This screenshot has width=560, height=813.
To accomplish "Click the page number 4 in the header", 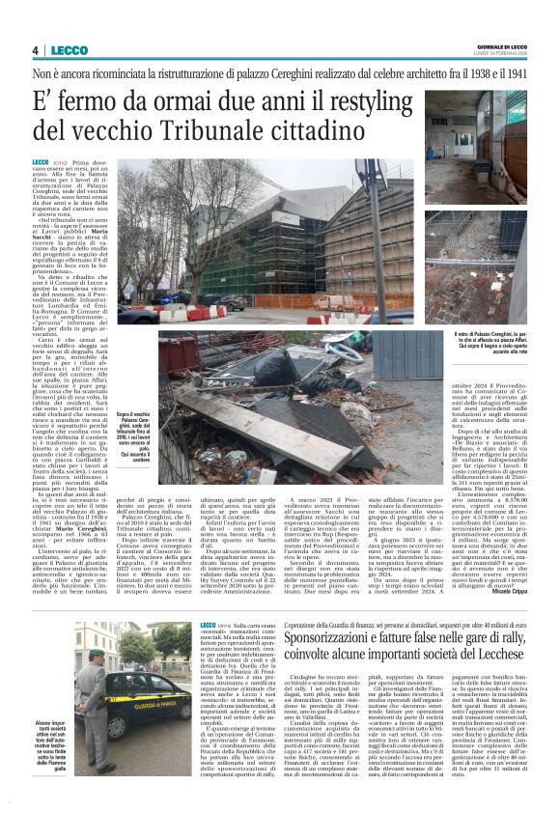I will (x=35, y=50).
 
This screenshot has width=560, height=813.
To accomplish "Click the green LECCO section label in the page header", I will (x=69, y=50).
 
